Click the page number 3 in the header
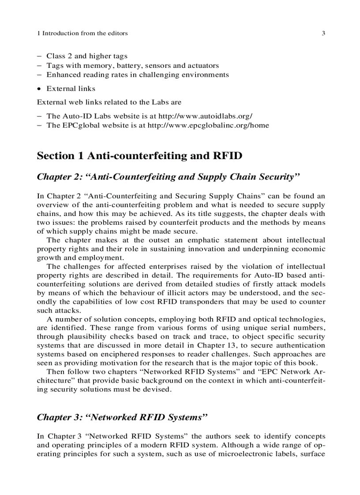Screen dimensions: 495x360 click(x=323, y=33)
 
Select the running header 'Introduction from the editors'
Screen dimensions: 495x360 click(x=85, y=33)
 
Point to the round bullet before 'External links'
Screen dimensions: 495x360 click(x=39, y=89)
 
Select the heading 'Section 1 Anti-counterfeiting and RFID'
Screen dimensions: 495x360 click(x=139, y=156)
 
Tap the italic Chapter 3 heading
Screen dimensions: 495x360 click(x=122, y=417)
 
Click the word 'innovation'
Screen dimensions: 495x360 click(x=206, y=249)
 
